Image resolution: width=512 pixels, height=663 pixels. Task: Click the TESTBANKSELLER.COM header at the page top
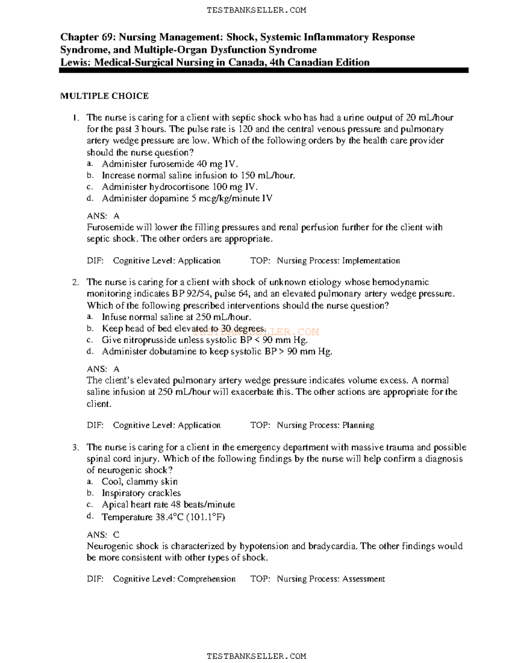[x=256, y=10]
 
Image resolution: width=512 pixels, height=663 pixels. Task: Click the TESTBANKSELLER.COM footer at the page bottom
[x=256, y=656]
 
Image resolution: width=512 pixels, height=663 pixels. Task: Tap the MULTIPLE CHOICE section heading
[x=105, y=96]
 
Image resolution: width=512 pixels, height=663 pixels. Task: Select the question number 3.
[x=76, y=447]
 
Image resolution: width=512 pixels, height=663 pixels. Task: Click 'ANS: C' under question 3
[x=103, y=534]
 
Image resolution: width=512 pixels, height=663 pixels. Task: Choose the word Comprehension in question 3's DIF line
[x=207, y=579]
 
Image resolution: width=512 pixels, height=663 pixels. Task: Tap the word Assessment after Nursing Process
[x=364, y=579]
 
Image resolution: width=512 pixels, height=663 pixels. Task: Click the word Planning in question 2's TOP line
[x=358, y=425]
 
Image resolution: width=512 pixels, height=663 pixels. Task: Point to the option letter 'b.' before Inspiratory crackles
[x=90, y=493]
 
